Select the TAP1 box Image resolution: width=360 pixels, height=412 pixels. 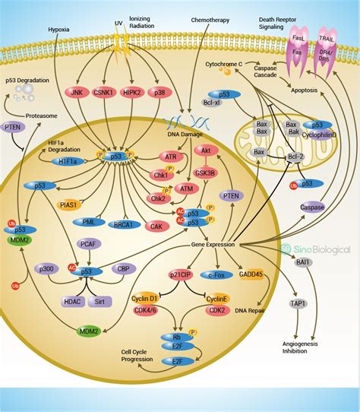298,304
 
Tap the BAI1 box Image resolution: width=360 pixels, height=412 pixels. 302,261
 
